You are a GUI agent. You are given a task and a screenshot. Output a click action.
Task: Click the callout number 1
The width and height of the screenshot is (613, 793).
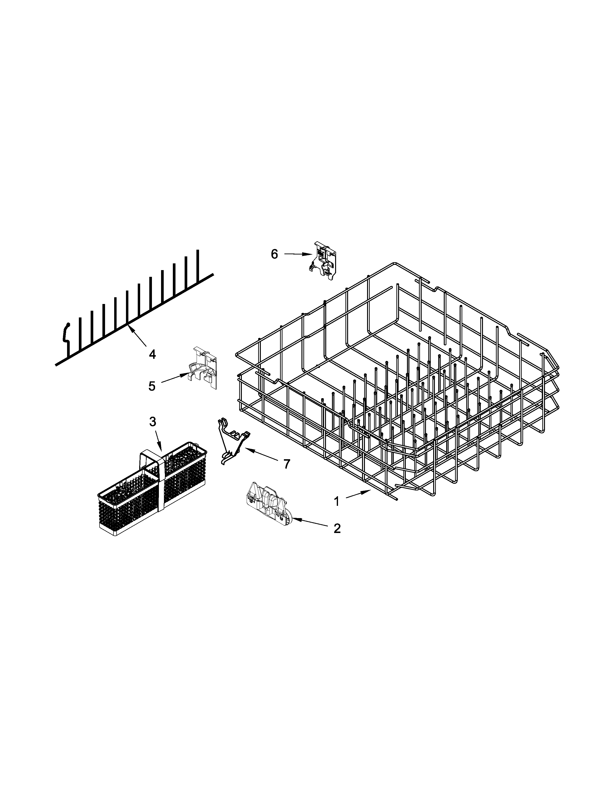336,502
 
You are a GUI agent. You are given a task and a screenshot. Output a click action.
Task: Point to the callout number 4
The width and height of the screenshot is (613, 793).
152,354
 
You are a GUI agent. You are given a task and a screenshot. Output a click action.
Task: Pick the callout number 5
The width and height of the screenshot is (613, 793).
152,386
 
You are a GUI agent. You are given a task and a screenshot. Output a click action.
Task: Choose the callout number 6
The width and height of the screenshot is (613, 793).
274,254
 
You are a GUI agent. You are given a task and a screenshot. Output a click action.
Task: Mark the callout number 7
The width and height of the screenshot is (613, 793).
287,464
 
